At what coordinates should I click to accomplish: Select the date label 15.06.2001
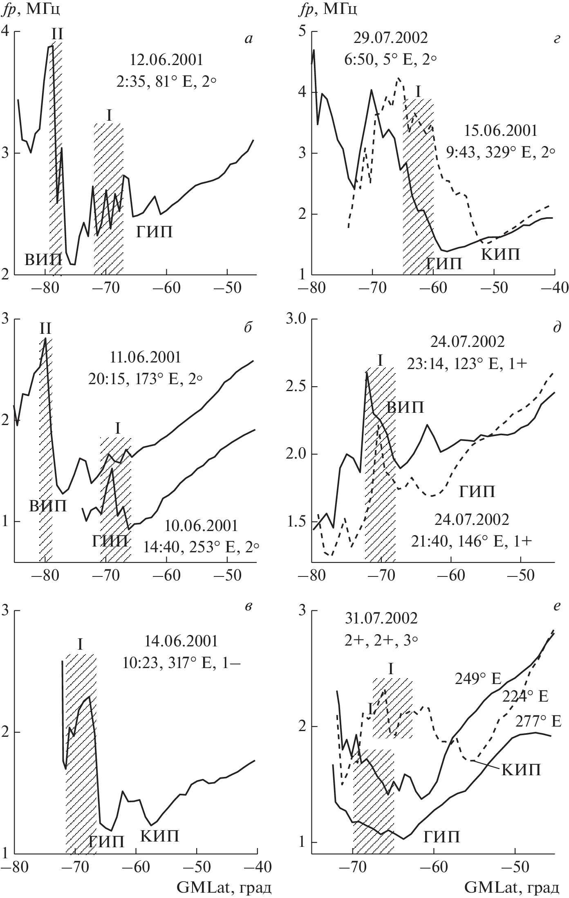point(501,131)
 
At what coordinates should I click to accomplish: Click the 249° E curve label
point(478,679)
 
